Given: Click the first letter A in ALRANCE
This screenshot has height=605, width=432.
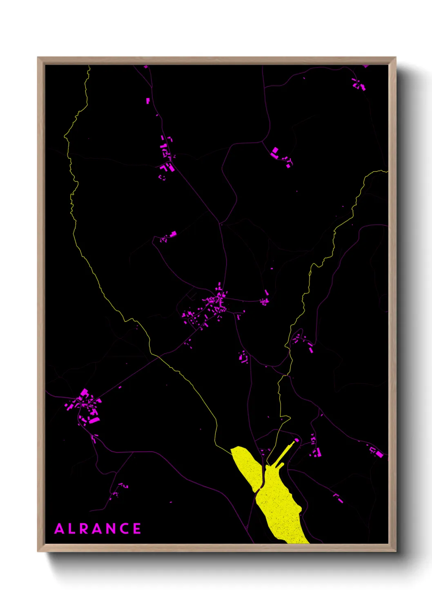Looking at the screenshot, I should tap(60, 529).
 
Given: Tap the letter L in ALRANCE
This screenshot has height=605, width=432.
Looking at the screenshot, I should tap(72, 529).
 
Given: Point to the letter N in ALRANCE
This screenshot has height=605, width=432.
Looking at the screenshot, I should tap(111, 529).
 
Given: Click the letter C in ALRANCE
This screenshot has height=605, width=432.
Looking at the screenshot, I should tap(124, 529).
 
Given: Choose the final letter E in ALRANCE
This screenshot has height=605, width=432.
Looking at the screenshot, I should tap(137, 529).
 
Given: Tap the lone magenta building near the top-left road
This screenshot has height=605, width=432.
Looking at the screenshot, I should tap(148, 101).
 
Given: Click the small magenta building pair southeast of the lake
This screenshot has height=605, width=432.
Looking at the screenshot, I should tap(338, 497).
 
